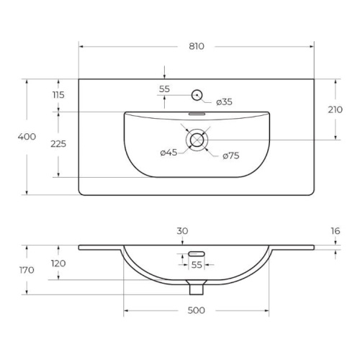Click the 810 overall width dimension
pyautogui.click(x=197, y=46)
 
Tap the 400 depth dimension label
pyautogui.click(x=27, y=137)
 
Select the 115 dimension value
pyautogui.click(x=58, y=95)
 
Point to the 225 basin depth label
pyautogui.click(x=58, y=144)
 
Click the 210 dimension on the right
pyautogui.click(x=336, y=109)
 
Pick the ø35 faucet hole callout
pyautogui.click(x=224, y=102)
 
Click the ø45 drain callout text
pyautogui.click(x=168, y=152)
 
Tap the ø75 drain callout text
pyautogui.click(x=231, y=156)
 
